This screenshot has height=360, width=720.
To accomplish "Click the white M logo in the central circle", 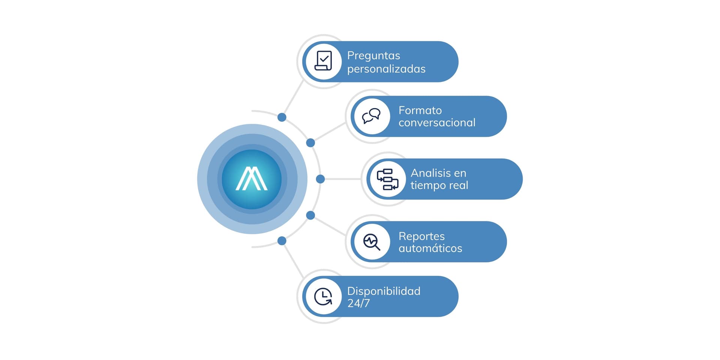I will click(x=252, y=179).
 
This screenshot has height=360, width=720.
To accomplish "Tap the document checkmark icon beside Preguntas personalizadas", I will click(x=323, y=61).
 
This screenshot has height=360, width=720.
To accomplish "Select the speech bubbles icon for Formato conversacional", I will click(x=371, y=116).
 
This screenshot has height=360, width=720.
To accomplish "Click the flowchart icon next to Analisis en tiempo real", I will click(x=387, y=179).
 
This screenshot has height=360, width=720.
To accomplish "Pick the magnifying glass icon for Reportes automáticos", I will click(x=372, y=242).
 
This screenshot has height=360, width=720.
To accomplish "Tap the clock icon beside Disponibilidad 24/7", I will click(x=323, y=297).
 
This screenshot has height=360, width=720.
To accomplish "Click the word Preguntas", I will click(x=373, y=55).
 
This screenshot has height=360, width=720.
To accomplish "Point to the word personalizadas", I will click(x=386, y=69).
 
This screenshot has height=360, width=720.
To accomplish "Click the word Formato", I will click(x=420, y=110).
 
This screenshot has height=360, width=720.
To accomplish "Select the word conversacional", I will click(x=437, y=123).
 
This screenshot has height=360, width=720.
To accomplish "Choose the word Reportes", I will click(x=421, y=236).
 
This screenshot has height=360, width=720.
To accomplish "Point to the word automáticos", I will click(x=430, y=248).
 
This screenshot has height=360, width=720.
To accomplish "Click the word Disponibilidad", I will click(x=384, y=291).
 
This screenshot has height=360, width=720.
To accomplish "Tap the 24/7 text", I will click(x=358, y=303).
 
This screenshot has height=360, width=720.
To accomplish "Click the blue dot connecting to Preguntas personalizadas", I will click(x=282, y=117).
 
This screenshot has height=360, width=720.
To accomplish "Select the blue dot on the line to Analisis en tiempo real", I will click(x=320, y=179).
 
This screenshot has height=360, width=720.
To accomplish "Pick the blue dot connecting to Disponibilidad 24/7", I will click(x=282, y=241).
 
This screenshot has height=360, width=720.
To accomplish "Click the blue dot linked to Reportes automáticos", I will click(x=310, y=215).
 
